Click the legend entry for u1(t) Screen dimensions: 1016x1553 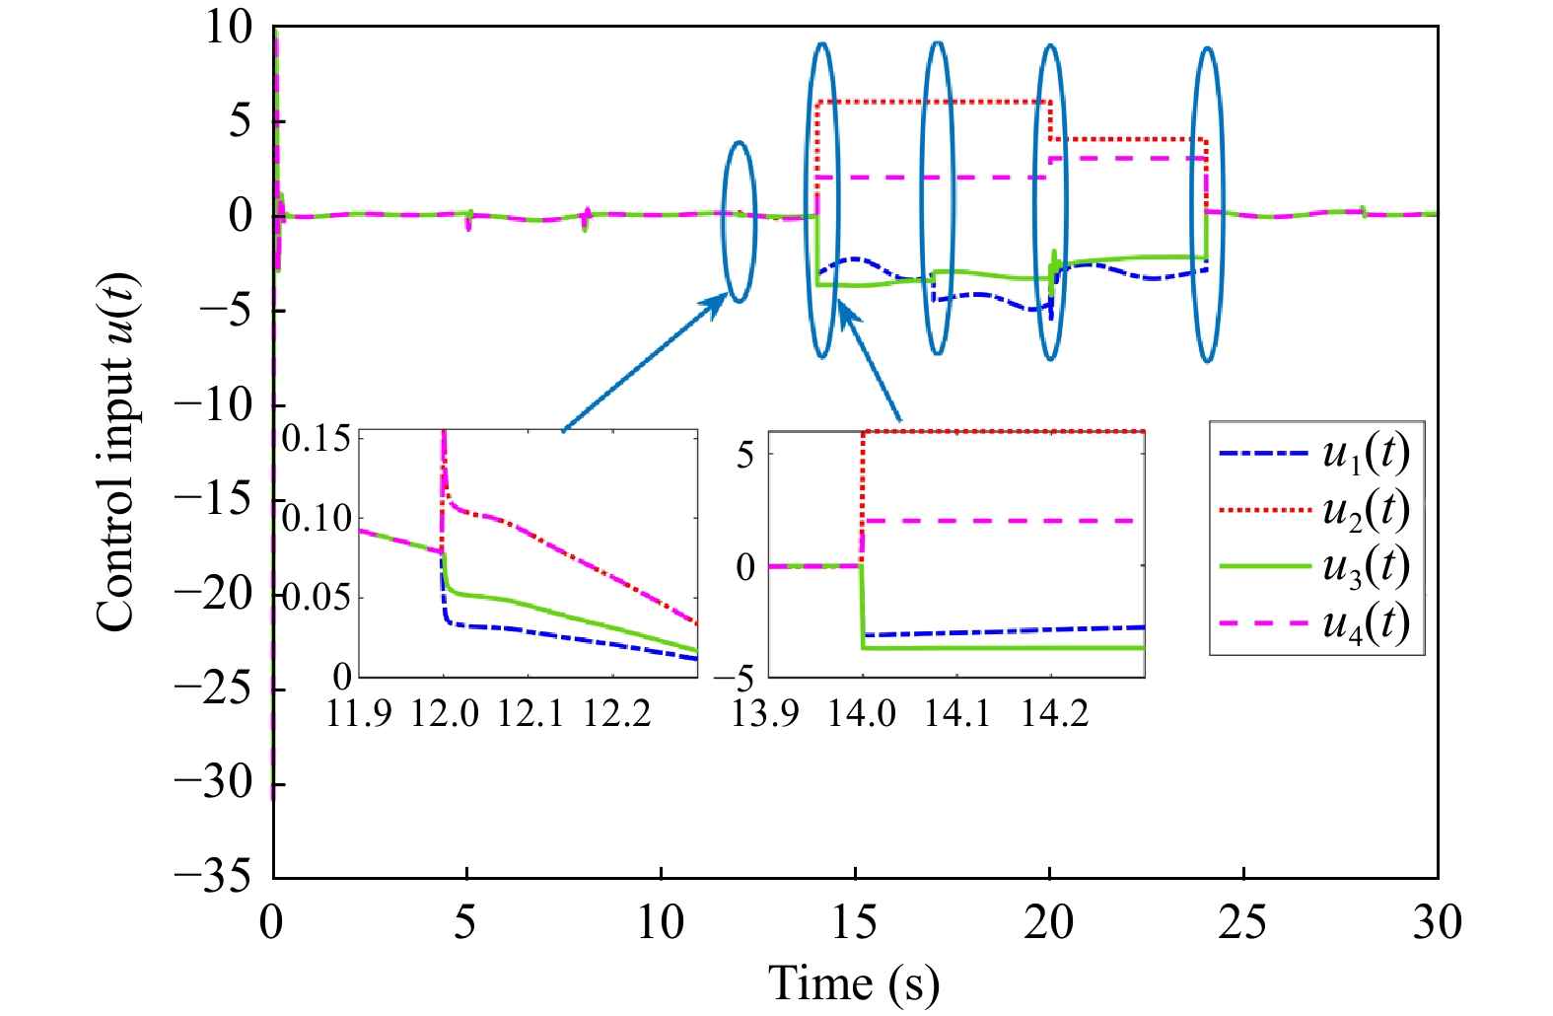click(x=1315, y=454)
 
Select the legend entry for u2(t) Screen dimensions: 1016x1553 click(x=1315, y=510)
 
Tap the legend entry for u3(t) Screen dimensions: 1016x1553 click(x=1315, y=566)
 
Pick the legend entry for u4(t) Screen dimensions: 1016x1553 click(x=1315, y=623)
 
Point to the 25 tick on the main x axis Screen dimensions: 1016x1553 click(x=1242, y=923)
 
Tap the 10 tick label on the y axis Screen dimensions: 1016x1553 click(x=229, y=28)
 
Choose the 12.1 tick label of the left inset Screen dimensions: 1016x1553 click(x=529, y=712)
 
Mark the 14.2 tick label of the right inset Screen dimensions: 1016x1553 click(x=1054, y=712)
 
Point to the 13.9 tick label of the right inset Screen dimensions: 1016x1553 click(x=765, y=712)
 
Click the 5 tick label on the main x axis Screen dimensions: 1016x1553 click(x=465, y=923)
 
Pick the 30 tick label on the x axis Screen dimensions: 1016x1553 click(x=1437, y=923)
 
